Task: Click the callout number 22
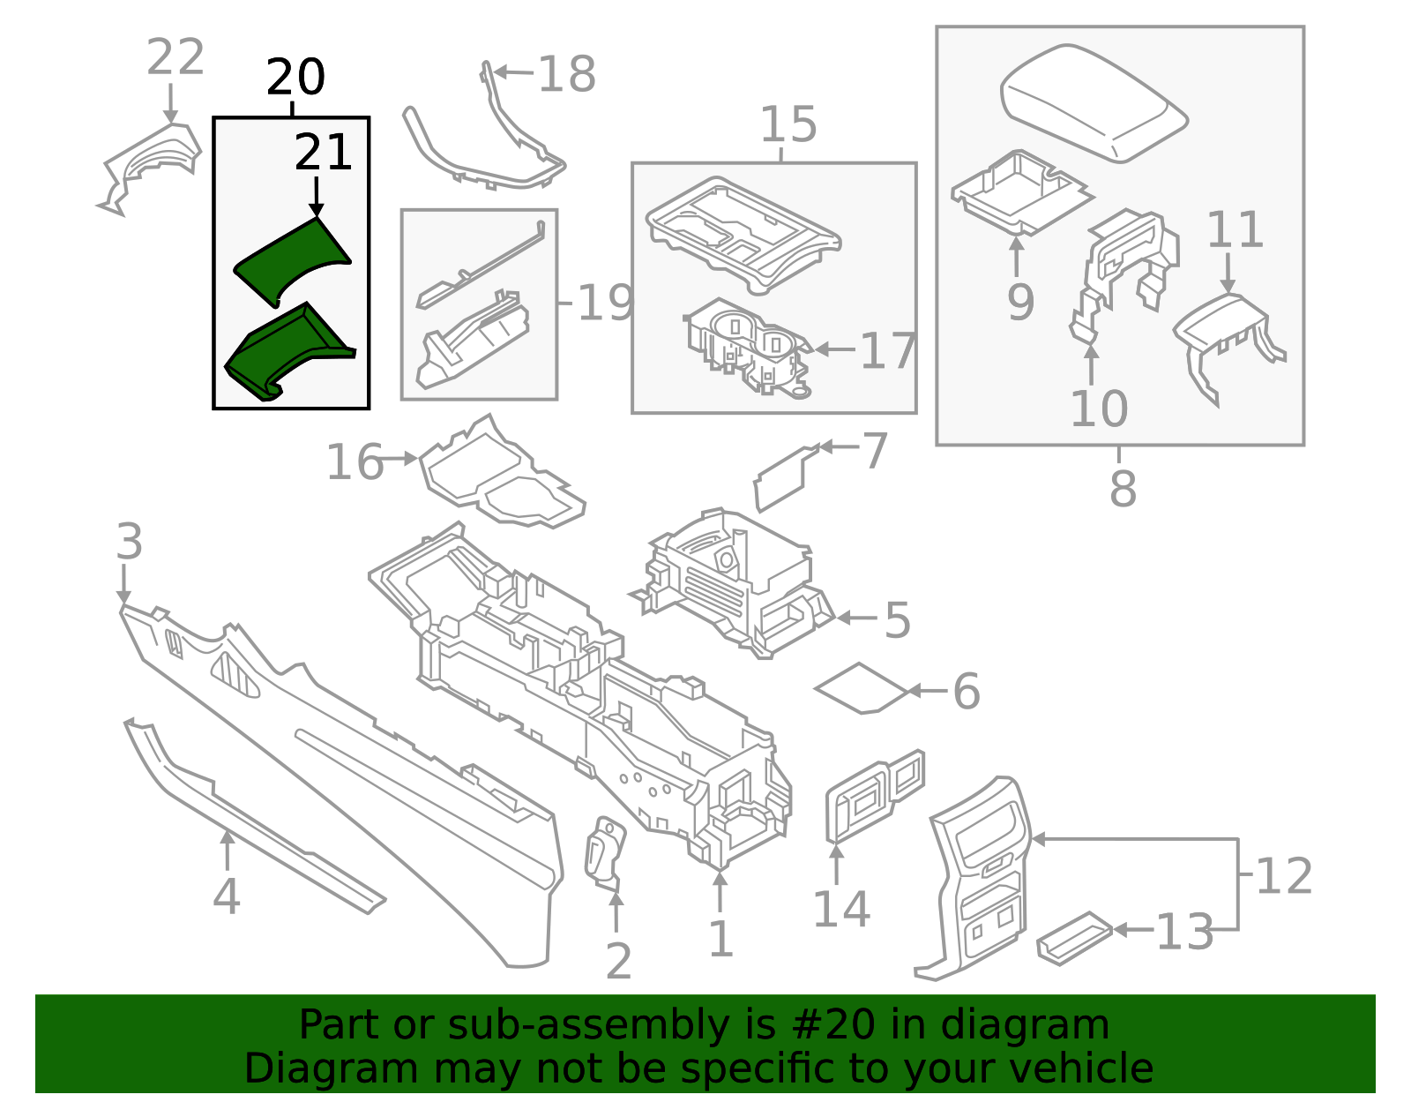(175, 58)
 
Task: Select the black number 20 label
(295, 78)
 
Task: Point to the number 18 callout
(566, 74)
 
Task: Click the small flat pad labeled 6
(861, 688)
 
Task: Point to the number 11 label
(1235, 230)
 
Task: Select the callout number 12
(1284, 876)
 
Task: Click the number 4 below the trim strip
(227, 896)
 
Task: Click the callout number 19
(605, 304)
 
